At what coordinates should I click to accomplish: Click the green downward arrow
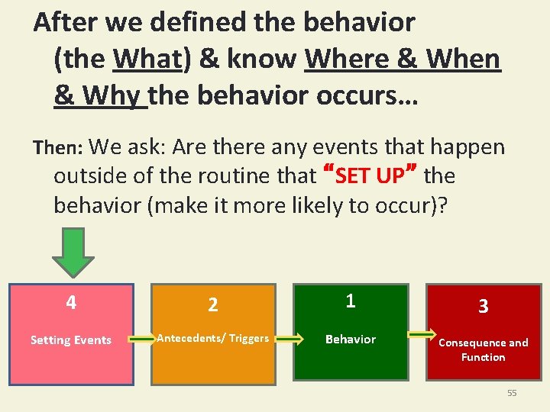73,253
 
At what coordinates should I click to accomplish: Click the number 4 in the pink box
71,303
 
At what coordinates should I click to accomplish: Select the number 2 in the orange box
213,305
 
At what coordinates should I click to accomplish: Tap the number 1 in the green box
351,301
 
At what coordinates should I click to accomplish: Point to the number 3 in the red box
483,307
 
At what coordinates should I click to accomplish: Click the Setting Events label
71,340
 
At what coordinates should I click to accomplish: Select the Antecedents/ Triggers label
213,338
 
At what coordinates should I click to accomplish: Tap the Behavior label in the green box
351,339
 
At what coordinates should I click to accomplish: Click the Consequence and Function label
483,349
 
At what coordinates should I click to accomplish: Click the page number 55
512,393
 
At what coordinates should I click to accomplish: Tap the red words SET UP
370,176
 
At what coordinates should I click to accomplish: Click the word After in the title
66,22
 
